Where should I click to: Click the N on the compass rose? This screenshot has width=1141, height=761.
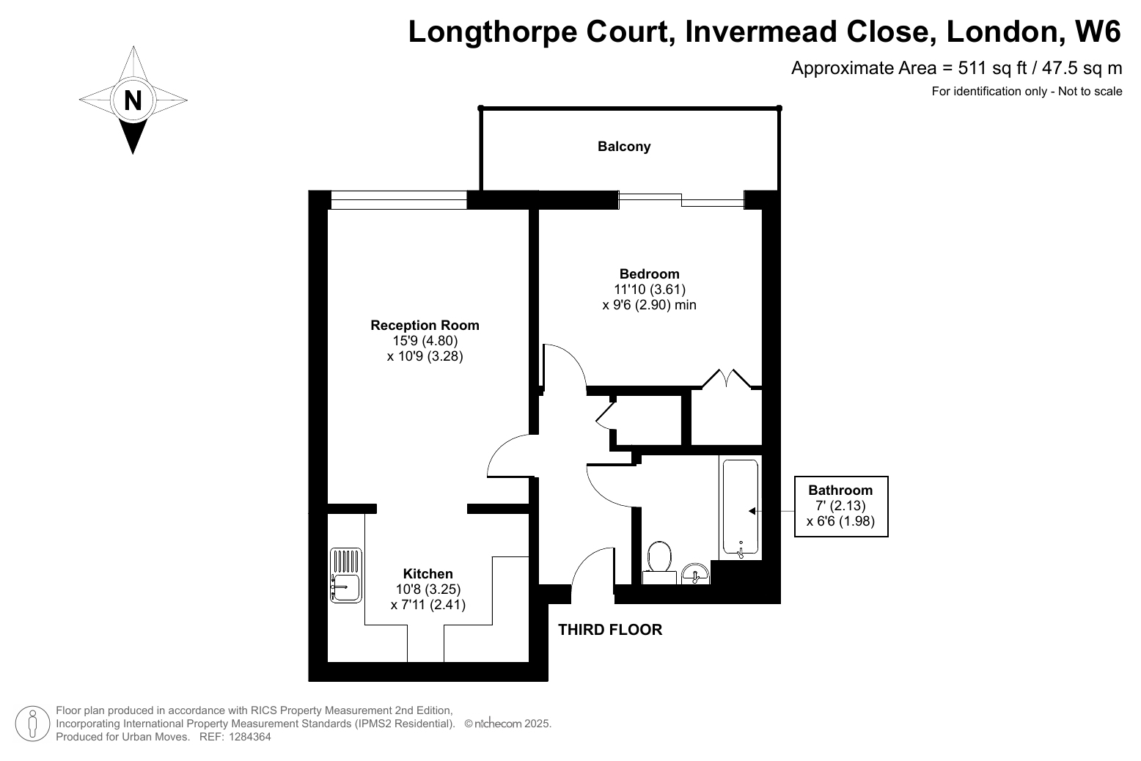[x=133, y=100]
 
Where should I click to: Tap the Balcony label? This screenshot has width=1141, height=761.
[x=624, y=147]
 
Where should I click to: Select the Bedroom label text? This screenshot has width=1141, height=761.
[x=650, y=273]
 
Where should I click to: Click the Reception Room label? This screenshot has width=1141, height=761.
[x=425, y=325]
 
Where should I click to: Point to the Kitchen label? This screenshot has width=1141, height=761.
[x=428, y=573]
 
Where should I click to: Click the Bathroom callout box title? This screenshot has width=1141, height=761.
[x=840, y=490]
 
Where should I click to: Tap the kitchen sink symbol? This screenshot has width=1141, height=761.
[x=346, y=576]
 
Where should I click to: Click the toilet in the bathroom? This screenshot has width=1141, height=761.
[x=659, y=562]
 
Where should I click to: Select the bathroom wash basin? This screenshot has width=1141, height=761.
[x=695, y=573]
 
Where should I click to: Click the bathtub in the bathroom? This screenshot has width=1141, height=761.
[x=741, y=507]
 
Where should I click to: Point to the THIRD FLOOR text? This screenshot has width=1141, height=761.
[x=610, y=630]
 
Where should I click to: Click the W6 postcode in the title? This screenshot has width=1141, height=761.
[x=1097, y=32]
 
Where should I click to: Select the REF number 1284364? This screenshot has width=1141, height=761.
[x=249, y=737]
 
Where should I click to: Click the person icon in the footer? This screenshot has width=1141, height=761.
[x=32, y=724]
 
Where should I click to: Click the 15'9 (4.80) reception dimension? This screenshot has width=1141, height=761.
[x=425, y=341]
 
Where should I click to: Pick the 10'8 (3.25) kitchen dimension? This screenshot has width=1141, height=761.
[x=428, y=589]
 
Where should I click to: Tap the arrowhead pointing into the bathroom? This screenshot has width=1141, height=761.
[x=752, y=511]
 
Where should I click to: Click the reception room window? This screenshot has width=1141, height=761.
[x=399, y=199]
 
